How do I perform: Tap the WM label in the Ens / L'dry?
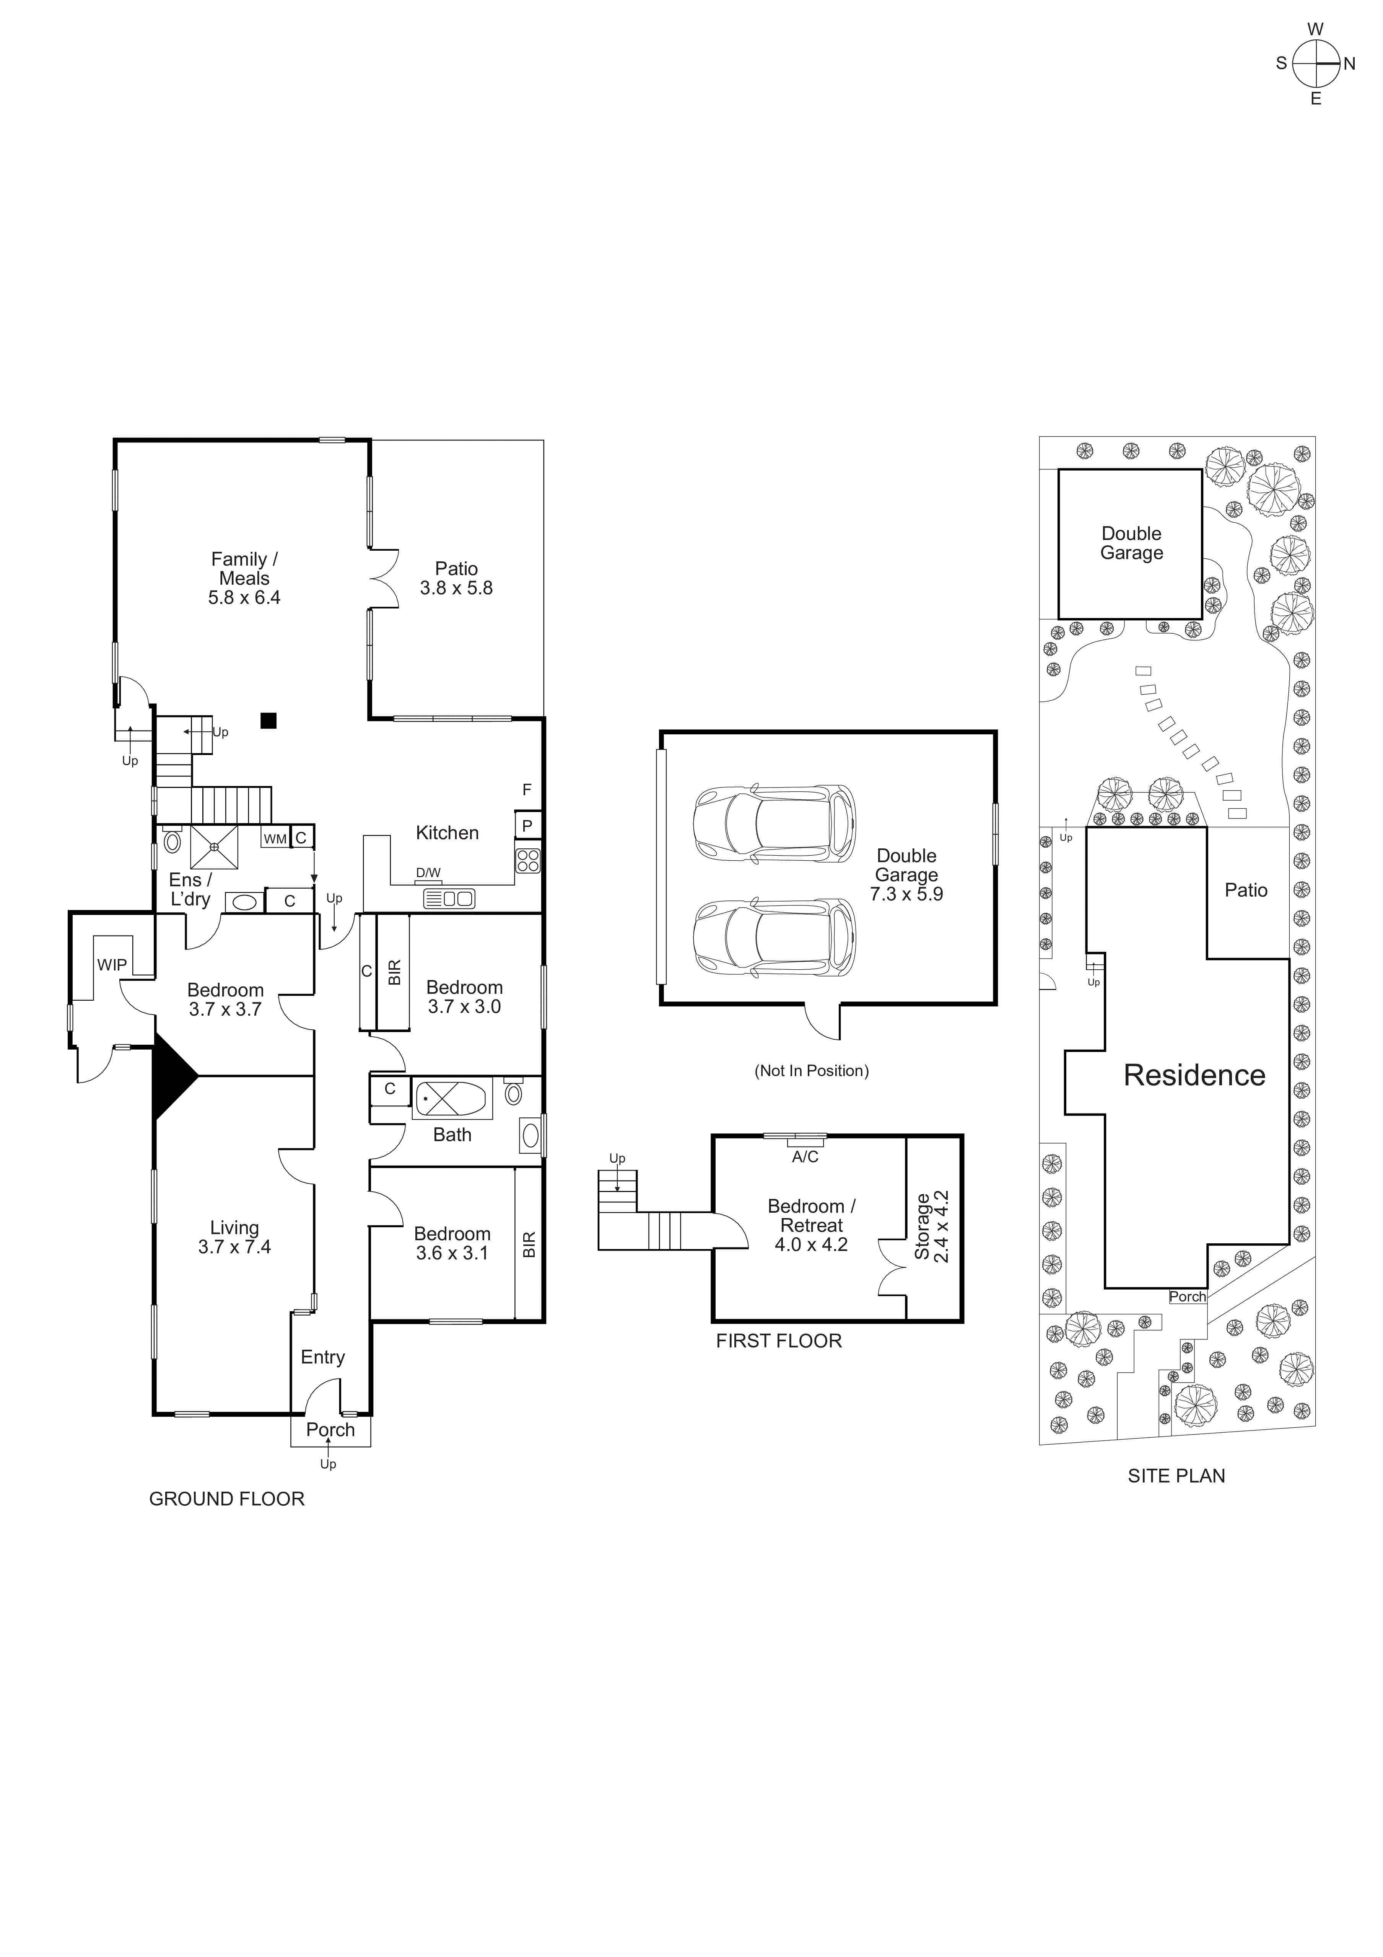(274, 839)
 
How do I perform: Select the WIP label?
(112, 965)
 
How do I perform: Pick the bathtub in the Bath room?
(452, 1099)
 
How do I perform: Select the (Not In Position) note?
(811, 1071)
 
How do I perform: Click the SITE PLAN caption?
(1176, 1476)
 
